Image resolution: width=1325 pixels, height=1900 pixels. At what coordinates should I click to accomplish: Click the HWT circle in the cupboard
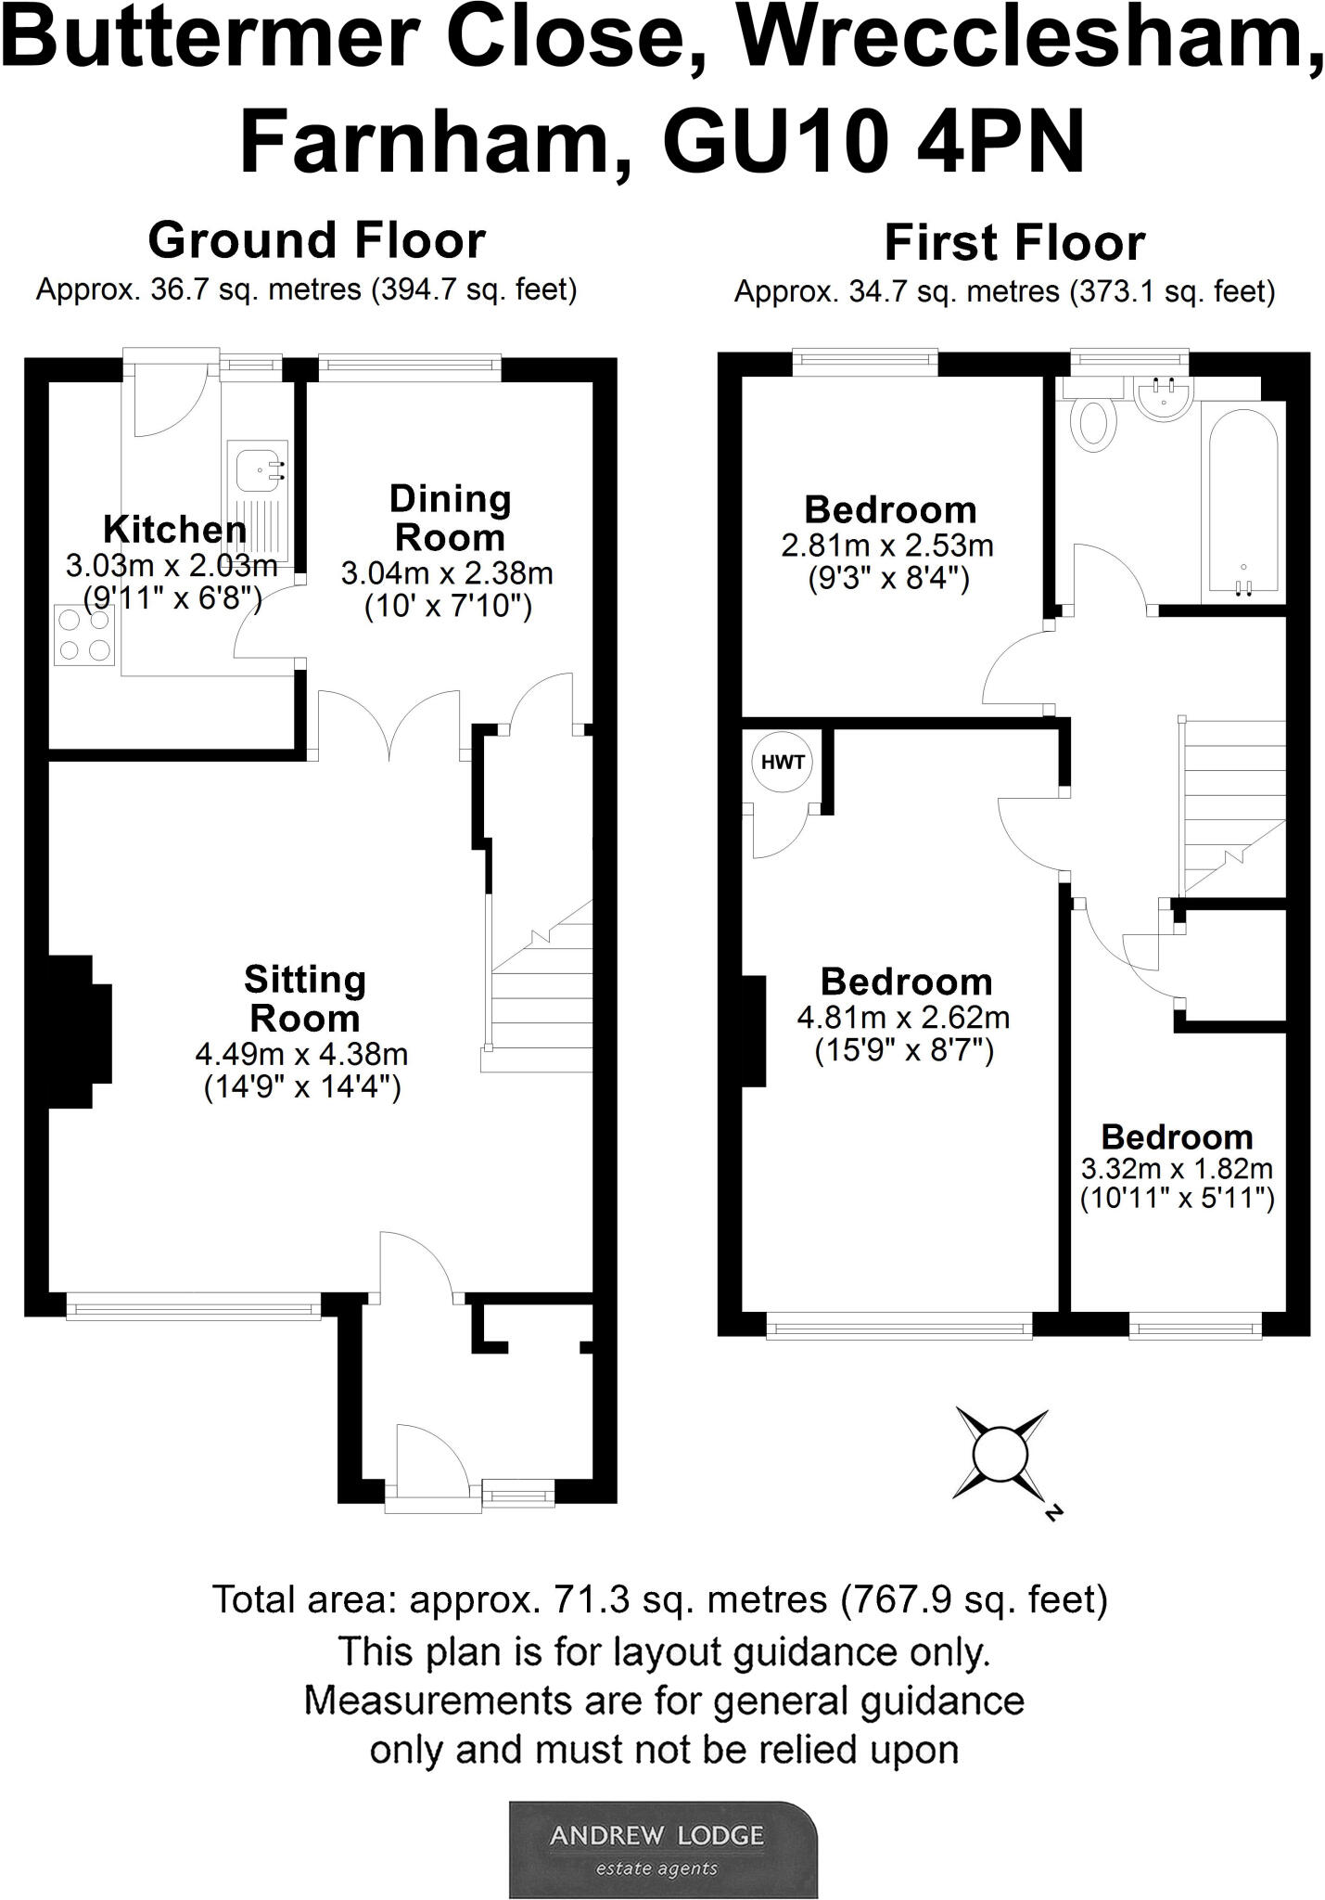[x=783, y=763]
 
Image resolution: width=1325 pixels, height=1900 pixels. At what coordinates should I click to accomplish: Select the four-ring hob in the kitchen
[x=83, y=635]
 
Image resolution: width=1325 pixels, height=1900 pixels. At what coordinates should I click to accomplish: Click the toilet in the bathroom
[x=1094, y=422]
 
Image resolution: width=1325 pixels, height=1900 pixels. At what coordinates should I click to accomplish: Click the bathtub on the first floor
[x=1243, y=501]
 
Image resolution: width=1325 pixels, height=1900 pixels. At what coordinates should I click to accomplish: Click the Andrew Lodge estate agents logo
[x=662, y=1848]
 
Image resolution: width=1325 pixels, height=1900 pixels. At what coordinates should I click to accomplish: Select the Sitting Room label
[x=304, y=998]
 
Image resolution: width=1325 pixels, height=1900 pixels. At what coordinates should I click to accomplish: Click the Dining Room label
[x=450, y=518]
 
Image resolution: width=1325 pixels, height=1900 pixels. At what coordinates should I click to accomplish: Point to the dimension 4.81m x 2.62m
[x=903, y=1018]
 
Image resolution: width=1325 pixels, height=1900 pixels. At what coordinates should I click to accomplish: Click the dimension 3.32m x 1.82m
[x=1177, y=1168]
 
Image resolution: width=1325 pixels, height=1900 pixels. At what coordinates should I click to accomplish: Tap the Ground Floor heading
[x=316, y=240]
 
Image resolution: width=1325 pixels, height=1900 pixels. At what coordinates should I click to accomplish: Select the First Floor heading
[x=1014, y=243]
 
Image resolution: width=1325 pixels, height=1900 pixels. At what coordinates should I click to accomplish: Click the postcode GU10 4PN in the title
[x=873, y=142]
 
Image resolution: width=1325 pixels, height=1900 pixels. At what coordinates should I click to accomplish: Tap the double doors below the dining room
[x=389, y=724]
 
